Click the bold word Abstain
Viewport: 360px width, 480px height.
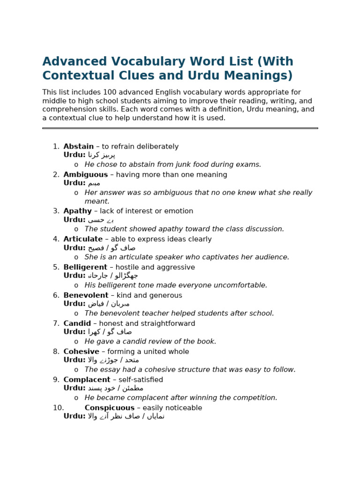[78, 147]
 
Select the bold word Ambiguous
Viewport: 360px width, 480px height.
[85, 175]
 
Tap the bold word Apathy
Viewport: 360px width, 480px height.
[77, 211]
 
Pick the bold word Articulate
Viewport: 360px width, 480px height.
[83, 240]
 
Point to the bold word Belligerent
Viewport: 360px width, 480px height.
[85, 268]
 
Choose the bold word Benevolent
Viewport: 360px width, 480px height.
[86, 296]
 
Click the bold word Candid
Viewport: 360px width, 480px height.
[77, 324]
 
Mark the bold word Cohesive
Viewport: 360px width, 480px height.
[81, 352]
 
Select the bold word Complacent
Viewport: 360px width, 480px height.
[87, 380]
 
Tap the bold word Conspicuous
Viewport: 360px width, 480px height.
[109, 408]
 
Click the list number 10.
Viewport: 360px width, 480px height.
[58, 408]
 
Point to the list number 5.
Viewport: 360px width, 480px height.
[56, 268]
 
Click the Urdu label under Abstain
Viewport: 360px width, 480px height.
[75, 155]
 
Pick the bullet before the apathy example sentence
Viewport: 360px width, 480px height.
[76, 229]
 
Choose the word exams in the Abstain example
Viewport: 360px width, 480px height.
[249, 165]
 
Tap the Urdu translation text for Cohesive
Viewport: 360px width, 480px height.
[113, 360]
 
